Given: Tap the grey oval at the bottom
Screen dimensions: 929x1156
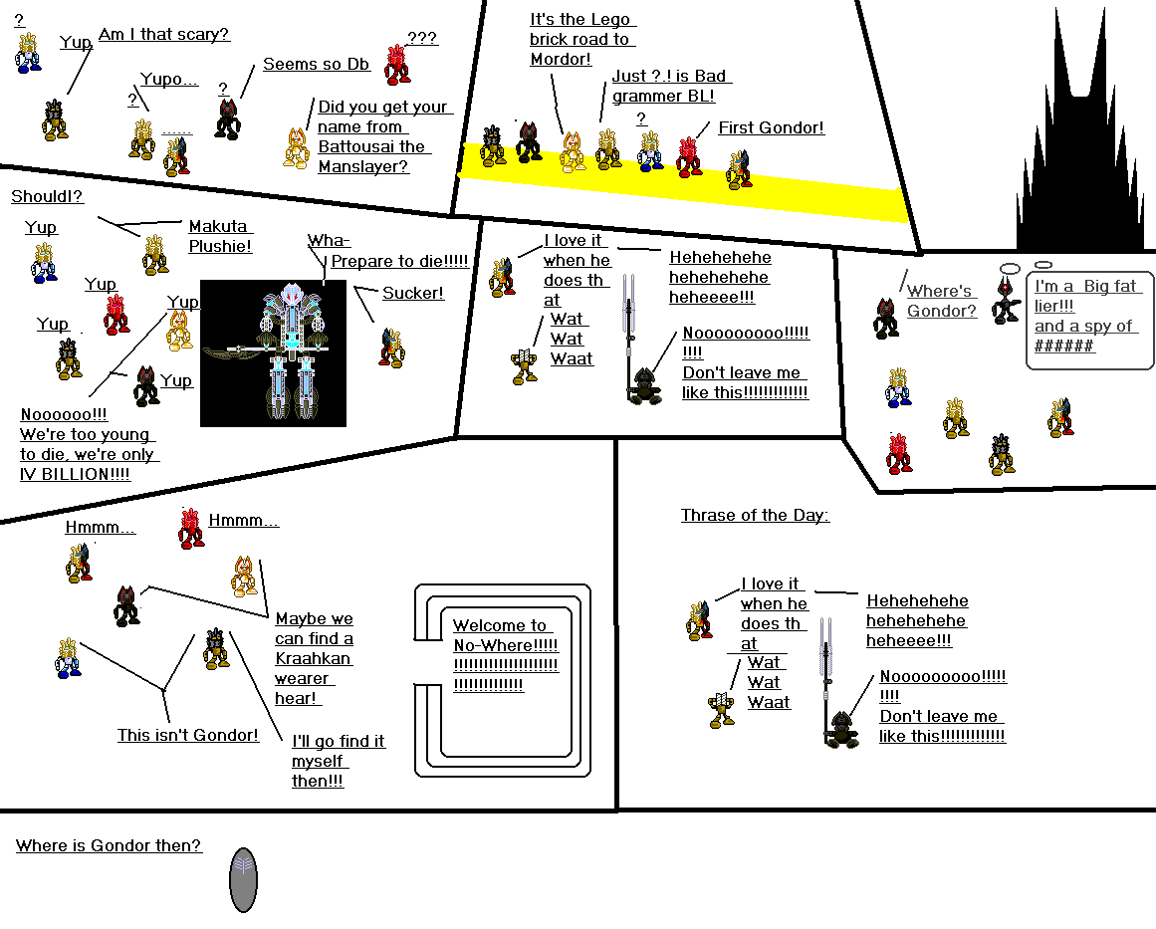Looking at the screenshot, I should click(x=244, y=880).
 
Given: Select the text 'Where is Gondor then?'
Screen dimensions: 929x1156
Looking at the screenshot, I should click(x=109, y=846).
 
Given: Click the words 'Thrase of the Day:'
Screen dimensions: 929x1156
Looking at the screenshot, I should click(x=755, y=516).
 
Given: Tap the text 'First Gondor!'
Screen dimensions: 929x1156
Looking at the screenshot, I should click(x=771, y=128).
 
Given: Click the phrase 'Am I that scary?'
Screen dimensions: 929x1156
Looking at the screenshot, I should click(x=164, y=35).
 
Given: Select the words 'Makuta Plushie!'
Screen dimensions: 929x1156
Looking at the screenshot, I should click(x=220, y=236).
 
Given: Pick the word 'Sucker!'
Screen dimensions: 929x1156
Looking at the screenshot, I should click(x=413, y=294).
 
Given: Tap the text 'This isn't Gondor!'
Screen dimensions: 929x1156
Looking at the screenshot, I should click(x=188, y=736).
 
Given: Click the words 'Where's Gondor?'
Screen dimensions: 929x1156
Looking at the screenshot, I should click(x=941, y=301).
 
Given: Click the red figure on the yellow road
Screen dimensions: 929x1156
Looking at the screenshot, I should click(x=688, y=157).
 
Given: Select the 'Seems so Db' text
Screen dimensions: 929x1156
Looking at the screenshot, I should click(x=316, y=65).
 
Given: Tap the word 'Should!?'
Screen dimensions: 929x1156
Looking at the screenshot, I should click(x=47, y=197).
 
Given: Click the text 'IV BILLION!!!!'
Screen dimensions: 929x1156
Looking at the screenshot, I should click(x=75, y=475).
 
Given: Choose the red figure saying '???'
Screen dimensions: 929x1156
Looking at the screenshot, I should click(x=397, y=63).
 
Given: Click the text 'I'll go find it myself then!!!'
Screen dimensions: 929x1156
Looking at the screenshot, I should click(x=337, y=761).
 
